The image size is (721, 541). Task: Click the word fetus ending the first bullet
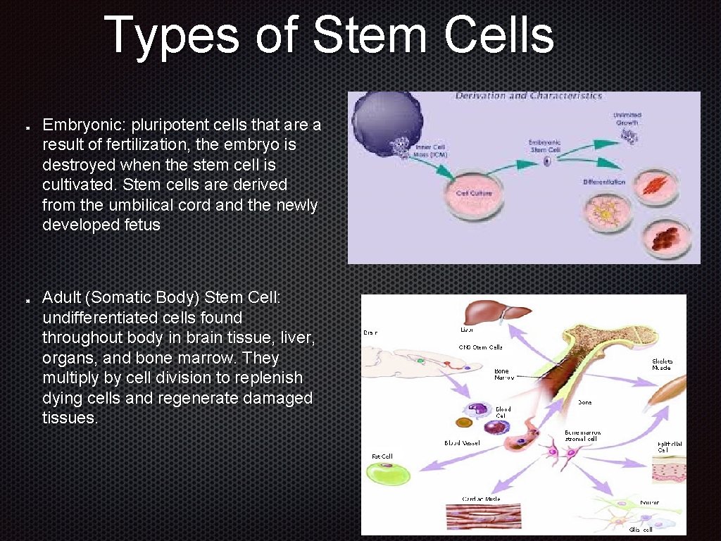141,225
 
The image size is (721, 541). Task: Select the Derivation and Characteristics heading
528,96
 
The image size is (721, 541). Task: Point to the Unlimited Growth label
626,118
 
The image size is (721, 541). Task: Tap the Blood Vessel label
462,442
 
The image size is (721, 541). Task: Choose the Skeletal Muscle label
662,363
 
